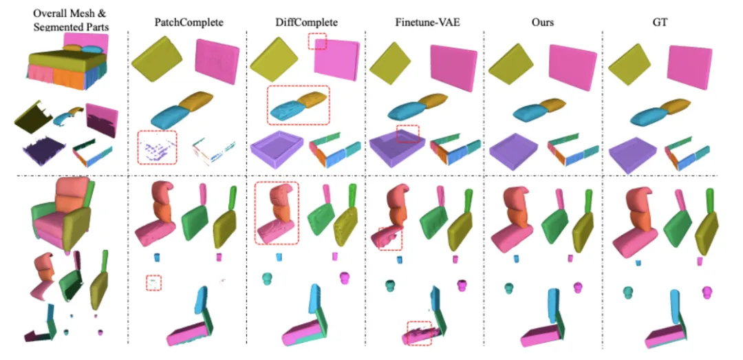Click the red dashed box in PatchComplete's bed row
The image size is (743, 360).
(x=157, y=147)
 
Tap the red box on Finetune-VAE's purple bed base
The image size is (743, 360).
(x=408, y=134)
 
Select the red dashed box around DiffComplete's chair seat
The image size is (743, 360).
(x=277, y=213)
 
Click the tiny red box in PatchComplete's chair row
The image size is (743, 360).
(x=154, y=282)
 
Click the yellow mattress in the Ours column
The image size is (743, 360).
(x=511, y=63)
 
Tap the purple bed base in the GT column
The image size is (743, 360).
(x=634, y=151)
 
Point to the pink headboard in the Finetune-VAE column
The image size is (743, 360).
(x=455, y=67)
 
